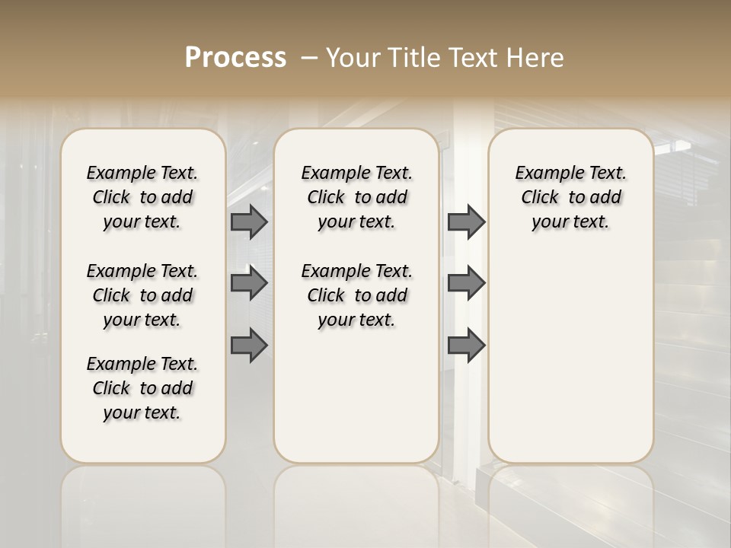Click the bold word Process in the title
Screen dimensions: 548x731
pos(235,58)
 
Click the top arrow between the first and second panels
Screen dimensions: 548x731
pos(249,221)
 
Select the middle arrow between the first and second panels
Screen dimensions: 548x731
pos(249,283)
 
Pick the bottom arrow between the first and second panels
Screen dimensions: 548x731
pos(249,345)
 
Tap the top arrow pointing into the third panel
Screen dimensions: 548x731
pos(466,221)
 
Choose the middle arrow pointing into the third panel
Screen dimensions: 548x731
pos(466,283)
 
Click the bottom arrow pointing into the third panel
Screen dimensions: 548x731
pos(466,345)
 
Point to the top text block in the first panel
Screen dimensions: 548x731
pos(142,197)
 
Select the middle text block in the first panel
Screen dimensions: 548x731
pos(142,295)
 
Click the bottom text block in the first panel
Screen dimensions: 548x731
pos(142,388)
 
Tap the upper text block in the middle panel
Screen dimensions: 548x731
pos(356,197)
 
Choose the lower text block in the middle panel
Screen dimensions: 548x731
pos(356,295)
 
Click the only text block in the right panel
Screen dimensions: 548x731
pos(570,197)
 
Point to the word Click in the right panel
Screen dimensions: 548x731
pos(540,198)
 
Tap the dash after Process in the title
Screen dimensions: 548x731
pos(309,58)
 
